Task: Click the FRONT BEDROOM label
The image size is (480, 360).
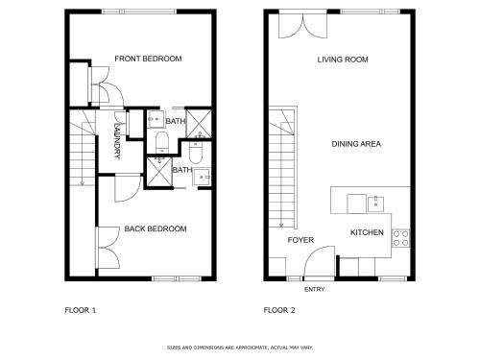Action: point(148,59)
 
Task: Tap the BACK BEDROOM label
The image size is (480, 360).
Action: point(156,228)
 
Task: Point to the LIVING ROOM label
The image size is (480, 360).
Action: point(343,60)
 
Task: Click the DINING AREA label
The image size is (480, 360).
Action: point(356,144)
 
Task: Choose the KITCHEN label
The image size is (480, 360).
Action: point(367,232)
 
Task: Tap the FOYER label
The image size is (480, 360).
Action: point(300,240)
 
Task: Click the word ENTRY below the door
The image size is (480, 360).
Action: point(314,289)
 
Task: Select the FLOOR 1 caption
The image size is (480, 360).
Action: point(81,310)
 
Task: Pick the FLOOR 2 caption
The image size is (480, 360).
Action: point(279,310)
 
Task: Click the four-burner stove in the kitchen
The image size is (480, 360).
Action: point(400,238)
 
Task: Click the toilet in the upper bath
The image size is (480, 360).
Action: point(162,142)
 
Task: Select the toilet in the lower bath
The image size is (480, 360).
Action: point(195,153)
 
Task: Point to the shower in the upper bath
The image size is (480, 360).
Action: point(199,124)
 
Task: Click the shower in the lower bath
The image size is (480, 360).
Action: point(159,172)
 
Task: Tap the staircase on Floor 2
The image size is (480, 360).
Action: point(282,167)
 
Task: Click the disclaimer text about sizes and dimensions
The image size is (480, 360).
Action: point(240,348)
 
